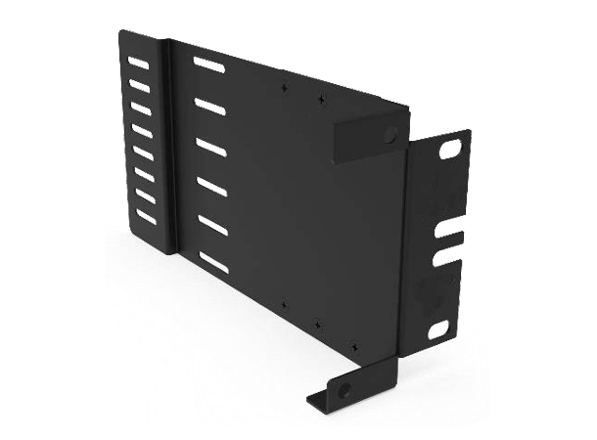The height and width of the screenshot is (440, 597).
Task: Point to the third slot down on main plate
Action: pyautogui.click(x=209, y=145)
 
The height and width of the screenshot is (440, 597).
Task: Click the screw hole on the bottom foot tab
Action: pyautogui.click(x=344, y=389)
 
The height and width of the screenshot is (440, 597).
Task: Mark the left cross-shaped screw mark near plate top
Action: pyautogui.click(x=285, y=86)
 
